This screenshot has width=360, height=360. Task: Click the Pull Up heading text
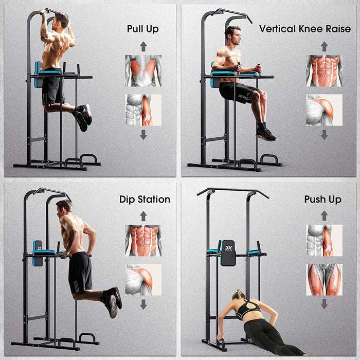point(143,29)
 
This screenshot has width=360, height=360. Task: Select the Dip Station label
point(145,199)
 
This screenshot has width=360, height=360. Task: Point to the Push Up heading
point(322,199)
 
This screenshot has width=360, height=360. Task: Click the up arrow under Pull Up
point(143,47)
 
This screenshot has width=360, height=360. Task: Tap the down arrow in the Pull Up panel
point(143,135)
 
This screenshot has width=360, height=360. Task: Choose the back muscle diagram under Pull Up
point(143,70)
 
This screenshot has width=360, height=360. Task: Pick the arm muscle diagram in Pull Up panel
point(143,110)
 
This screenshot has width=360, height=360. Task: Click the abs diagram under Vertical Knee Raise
point(324,70)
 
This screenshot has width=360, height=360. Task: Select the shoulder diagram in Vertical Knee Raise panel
point(324,110)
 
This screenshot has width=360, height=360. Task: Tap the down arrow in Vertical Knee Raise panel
point(324,135)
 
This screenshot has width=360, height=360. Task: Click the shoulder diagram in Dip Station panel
point(143,280)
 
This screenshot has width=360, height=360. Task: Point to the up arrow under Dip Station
point(143,217)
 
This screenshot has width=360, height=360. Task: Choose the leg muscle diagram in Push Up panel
point(324,280)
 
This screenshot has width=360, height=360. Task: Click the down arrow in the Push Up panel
point(324,304)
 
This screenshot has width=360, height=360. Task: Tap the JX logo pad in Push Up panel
point(228,253)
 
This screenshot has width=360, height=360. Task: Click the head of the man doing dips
point(64,207)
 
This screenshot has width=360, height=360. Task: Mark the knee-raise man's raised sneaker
point(266,135)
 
